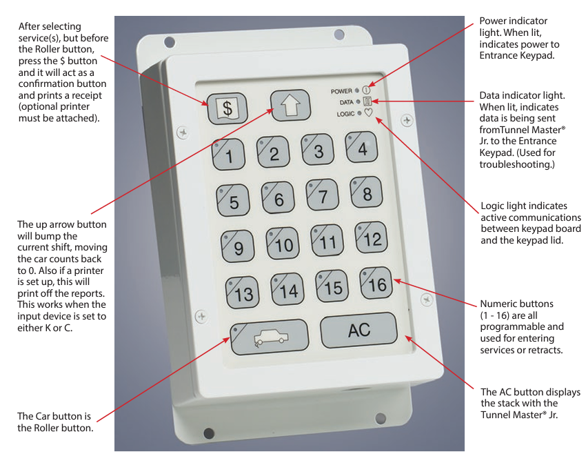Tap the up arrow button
click(287, 105)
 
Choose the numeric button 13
click(242, 292)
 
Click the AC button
click(358, 330)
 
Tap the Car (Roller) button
click(269, 337)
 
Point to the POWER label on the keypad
click(341, 91)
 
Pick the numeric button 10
click(283, 243)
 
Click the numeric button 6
click(277, 198)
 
